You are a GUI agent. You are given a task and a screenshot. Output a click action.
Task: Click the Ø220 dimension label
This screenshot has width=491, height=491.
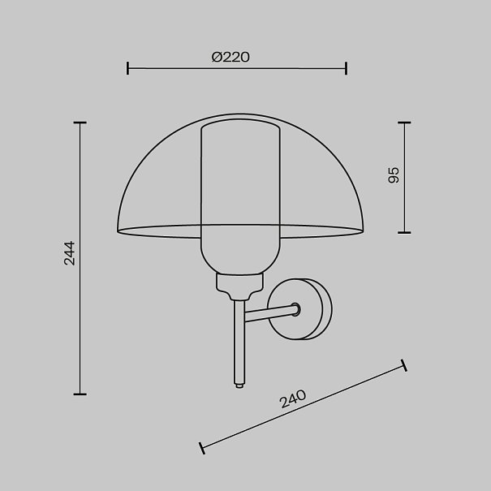(x=230, y=57)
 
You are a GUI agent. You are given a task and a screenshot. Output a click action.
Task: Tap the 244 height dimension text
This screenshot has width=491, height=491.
(x=70, y=253)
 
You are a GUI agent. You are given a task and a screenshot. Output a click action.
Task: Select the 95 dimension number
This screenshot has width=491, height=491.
(x=394, y=175)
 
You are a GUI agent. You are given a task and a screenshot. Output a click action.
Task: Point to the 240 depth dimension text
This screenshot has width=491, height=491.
(x=293, y=399)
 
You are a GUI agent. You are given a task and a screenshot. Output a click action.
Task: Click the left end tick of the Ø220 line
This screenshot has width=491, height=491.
(x=127, y=68)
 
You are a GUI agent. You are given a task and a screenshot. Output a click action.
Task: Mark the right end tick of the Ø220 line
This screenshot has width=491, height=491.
(x=346, y=68)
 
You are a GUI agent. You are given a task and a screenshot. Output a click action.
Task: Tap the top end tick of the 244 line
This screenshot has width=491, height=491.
(x=80, y=123)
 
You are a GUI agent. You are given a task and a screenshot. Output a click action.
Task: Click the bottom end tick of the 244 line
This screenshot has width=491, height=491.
(x=80, y=394)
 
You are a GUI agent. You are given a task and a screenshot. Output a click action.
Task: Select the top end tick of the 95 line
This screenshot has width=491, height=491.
(x=404, y=123)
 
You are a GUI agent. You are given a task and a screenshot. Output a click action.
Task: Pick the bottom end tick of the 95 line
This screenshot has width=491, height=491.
(x=404, y=233)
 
